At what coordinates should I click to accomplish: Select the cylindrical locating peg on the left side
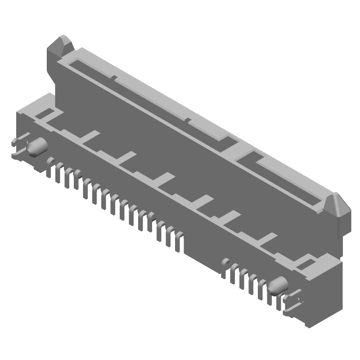(38, 146)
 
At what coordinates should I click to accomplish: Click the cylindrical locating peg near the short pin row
(279, 285)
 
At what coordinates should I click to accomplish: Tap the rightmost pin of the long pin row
(179, 241)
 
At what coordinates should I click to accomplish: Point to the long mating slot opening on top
(148, 94)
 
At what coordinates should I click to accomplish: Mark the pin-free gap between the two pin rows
(202, 252)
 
